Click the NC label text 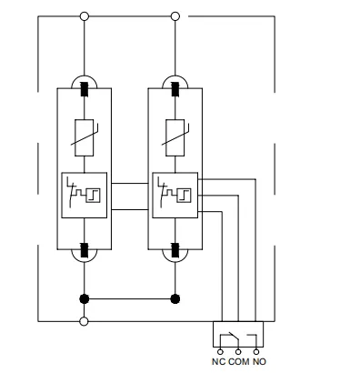point(218,361)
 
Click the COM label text point(239,361)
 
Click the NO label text point(259,361)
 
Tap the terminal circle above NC point(220,352)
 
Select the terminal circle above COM point(238,352)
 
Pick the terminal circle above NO point(256,352)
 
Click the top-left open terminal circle point(85,16)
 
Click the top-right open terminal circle point(175,16)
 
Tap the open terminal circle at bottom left point(84,321)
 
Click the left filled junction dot point(85,299)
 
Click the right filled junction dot point(175,299)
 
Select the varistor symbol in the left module point(85,137)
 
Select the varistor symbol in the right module point(175,137)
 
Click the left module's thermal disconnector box point(85,196)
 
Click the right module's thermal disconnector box point(175,196)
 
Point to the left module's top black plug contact point(85,89)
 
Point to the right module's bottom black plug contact point(175,250)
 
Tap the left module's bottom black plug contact point(85,250)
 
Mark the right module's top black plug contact point(175,89)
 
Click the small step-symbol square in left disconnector point(93,196)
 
